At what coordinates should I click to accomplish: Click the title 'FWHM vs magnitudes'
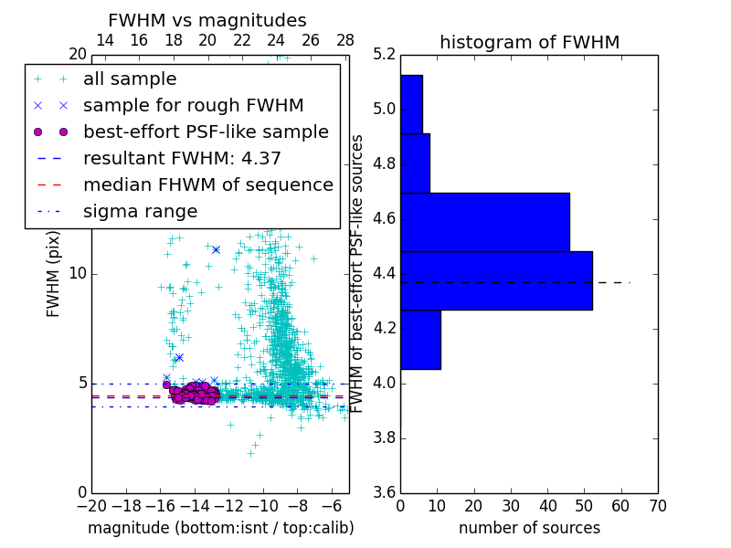tap(207, 20)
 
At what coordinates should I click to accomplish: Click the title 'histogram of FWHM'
tap(529, 42)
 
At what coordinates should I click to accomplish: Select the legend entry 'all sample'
tap(130, 79)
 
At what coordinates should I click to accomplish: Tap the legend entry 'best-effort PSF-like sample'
tap(206, 132)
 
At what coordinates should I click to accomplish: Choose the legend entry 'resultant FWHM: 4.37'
tap(182, 158)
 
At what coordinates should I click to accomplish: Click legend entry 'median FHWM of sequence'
tap(207, 184)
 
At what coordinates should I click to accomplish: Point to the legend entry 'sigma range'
tap(140, 211)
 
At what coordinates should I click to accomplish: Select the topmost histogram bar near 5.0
tap(411, 104)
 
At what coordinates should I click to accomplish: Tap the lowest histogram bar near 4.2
tap(420, 340)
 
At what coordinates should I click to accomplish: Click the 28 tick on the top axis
tap(345, 40)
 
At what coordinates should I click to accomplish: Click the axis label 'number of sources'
tap(529, 528)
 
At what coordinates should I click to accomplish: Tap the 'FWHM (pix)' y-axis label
tap(54, 274)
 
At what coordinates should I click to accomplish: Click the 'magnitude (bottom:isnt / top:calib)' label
tap(221, 528)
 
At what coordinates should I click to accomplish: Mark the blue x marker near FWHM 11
tap(216, 249)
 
